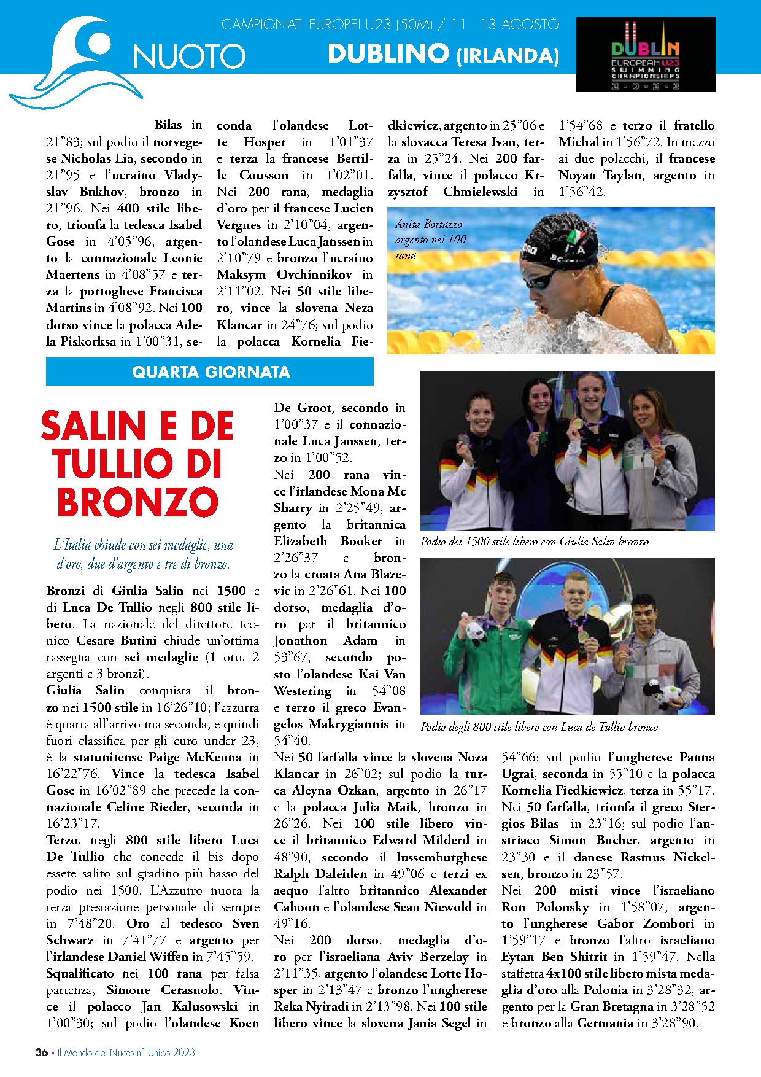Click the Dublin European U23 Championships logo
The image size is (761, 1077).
[x=646, y=55]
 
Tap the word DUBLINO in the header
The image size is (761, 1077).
[x=388, y=54]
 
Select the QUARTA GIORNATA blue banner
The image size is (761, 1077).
[x=210, y=372]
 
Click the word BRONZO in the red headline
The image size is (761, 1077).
[x=137, y=502]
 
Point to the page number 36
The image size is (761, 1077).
[x=42, y=1052]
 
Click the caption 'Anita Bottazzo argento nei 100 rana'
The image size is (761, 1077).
[x=430, y=239]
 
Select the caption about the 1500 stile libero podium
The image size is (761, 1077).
[x=535, y=542]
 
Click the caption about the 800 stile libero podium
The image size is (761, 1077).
[x=539, y=727]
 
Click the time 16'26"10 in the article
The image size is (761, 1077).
[x=180, y=707]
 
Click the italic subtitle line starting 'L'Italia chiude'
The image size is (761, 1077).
[x=144, y=545]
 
